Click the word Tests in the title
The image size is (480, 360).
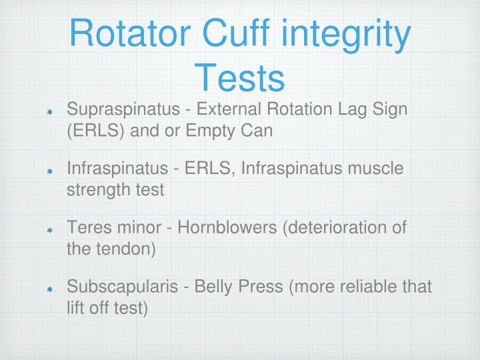click(x=239, y=78)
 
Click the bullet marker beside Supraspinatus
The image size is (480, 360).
click(x=49, y=111)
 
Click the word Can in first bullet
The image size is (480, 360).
click(x=259, y=130)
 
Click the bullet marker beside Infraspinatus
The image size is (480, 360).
click(x=49, y=171)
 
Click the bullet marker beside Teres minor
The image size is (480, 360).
click(x=49, y=231)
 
